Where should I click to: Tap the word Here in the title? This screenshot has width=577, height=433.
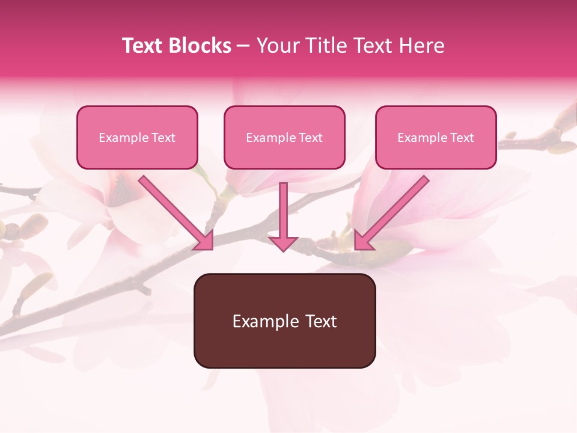(421, 46)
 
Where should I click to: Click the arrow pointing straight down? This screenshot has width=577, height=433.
(283, 210)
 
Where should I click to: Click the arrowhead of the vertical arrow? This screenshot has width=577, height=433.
(283, 243)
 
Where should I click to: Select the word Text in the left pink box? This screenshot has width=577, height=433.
(163, 138)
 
